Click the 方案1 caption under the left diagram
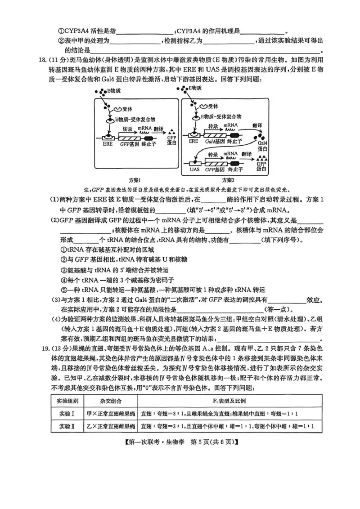(x=135, y=179)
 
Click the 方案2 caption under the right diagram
(x=228, y=179)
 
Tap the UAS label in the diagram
(x=194, y=170)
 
